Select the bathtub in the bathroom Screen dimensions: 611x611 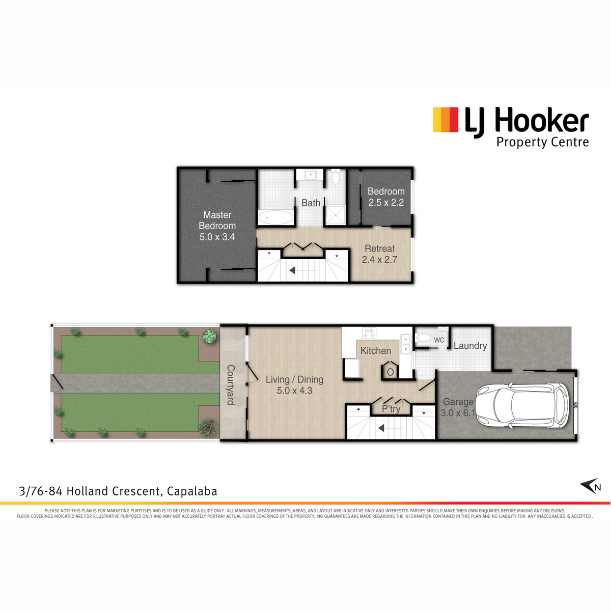pyautogui.click(x=275, y=217)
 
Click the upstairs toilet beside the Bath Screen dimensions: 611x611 pyautogui.click(x=336, y=176)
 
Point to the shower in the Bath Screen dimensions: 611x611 pyautogui.click(x=336, y=215)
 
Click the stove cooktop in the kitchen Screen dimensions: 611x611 pyautogui.click(x=369, y=333)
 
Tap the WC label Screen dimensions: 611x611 pyautogui.click(x=439, y=340)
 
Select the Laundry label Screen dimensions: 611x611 pyautogui.click(x=470, y=346)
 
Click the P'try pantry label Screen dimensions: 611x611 pyautogui.click(x=391, y=409)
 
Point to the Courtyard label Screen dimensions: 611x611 pyautogui.click(x=231, y=385)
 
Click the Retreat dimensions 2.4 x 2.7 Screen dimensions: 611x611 pyautogui.click(x=379, y=260)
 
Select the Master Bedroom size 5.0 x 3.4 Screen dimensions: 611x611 pyautogui.click(x=217, y=237)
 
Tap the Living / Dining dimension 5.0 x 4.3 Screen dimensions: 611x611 pyautogui.click(x=295, y=391)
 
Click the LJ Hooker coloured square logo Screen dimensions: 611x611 pyautogui.click(x=446, y=120)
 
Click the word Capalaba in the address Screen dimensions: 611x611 pyautogui.click(x=192, y=491)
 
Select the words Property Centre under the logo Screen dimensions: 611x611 pyautogui.click(x=542, y=143)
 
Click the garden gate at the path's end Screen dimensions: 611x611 pyautogui.click(x=57, y=383)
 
